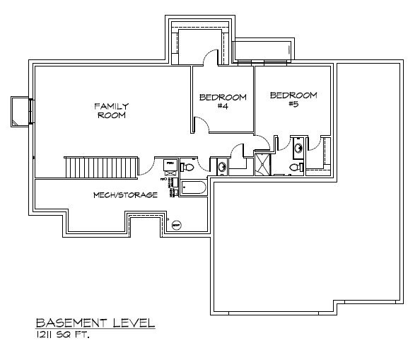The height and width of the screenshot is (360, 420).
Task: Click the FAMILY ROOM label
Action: tap(112, 111)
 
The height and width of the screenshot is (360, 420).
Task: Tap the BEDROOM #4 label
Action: tap(222, 101)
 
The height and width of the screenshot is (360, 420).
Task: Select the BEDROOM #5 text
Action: tap(293, 98)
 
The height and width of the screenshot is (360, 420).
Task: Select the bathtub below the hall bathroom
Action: tap(192, 188)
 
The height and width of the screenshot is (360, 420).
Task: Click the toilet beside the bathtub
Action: tap(187, 167)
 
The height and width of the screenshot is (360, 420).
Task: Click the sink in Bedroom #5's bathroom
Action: tap(298, 147)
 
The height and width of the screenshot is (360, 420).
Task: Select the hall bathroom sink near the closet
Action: tap(222, 167)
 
